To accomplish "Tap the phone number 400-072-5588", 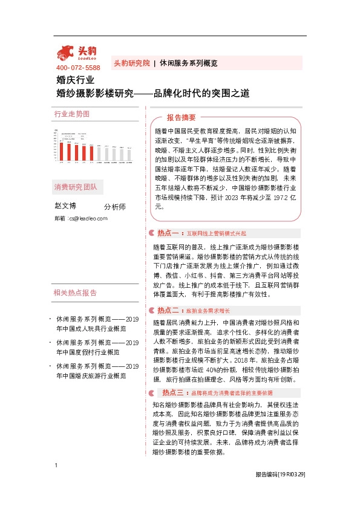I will [78, 68].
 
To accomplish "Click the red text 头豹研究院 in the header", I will [131, 63].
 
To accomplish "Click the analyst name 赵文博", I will [66, 206].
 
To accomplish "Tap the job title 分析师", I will [114, 207].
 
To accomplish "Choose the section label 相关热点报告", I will [76, 293].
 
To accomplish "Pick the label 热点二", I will [166, 310].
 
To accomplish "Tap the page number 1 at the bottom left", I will [56, 482].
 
